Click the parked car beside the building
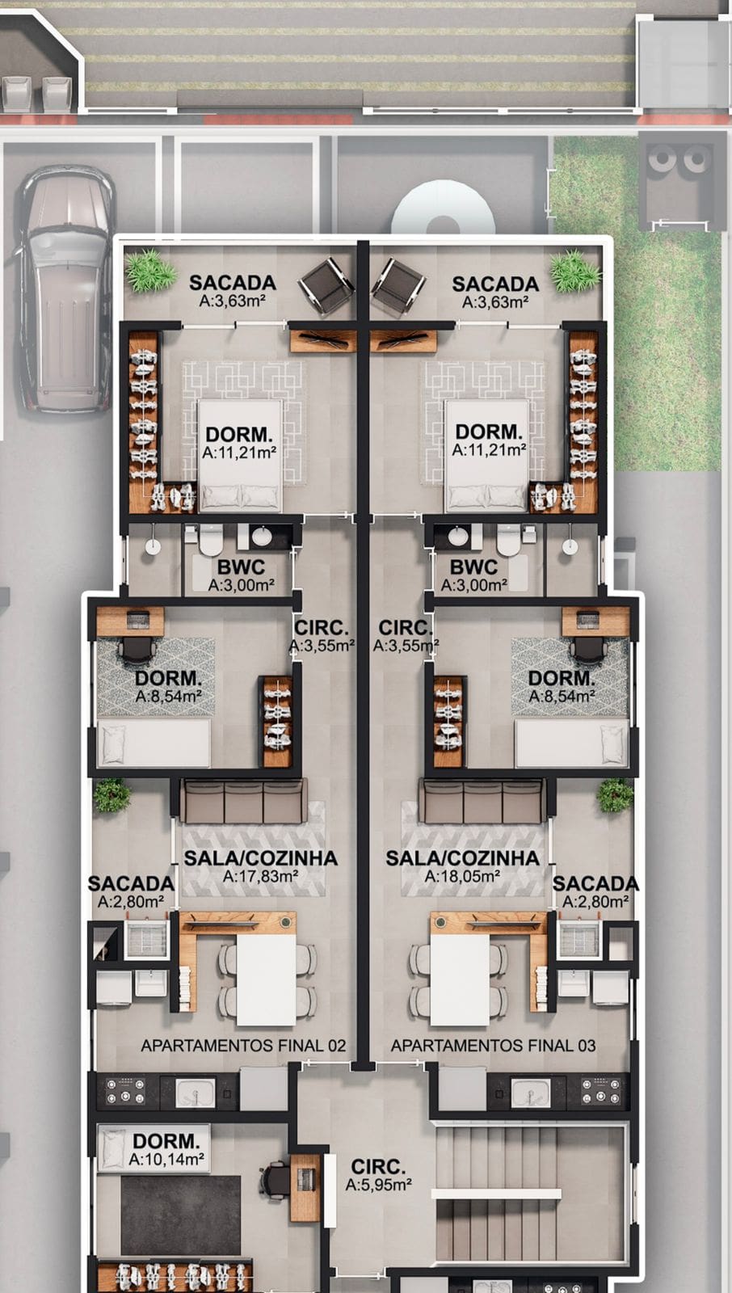point(65,289)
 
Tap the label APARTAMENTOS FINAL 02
point(243,1046)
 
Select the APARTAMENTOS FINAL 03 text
point(493,1046)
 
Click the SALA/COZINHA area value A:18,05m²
point(462,876)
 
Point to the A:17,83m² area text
point(260,876)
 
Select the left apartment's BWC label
point(242,566)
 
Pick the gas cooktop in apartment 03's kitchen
point(599,1091)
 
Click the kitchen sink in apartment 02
point(196,1093)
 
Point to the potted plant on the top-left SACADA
point(151,270)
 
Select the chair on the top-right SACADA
point(398,286)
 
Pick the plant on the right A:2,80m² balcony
point(616,795)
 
